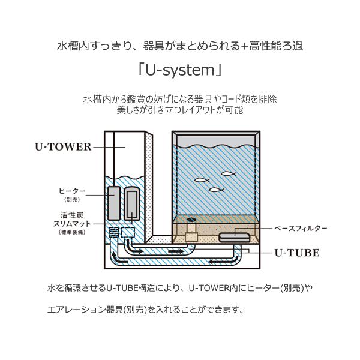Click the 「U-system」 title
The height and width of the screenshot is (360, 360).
click(x=179, y=71)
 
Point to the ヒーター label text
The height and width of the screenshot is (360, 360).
click(x=71, y=191)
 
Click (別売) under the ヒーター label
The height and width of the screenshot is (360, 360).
click(x=71, y=200)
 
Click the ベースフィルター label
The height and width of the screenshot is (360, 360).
click(x=300, y=229)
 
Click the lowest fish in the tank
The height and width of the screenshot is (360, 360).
click(x=216, y=190)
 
